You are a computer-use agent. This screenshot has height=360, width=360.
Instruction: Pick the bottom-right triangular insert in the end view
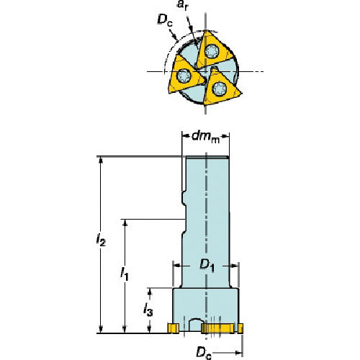(x=220, y=91)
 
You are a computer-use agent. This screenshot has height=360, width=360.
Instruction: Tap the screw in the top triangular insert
(x=213, y=50)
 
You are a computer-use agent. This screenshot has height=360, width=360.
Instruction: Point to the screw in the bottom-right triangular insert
(x=220, y=91)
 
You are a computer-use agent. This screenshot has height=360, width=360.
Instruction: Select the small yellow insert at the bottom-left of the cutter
(x=174, y=329)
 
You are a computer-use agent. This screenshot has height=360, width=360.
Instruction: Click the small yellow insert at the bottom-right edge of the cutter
(x=240, y=329)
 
